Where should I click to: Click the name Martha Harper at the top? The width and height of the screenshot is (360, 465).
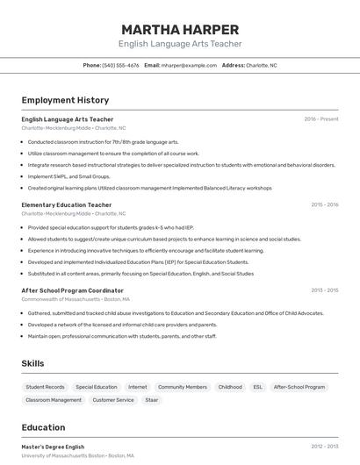pyautogui.click(x=180, y=28)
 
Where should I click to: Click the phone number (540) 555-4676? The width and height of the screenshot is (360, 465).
pyautogui.click(x=120, y=65)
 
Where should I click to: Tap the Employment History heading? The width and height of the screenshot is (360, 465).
pyautogui.click(x=65, y=100)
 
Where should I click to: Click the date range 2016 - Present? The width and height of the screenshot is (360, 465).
pyautogui.click(x=320, y=119)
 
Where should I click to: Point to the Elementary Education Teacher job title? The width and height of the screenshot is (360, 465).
pyautogui.click(x=66, y=204)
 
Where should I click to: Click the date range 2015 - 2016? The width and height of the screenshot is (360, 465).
pyautogui.click(x=324, y=204)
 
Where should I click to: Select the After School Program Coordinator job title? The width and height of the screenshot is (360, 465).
pyautogui.click(x=72, y=290)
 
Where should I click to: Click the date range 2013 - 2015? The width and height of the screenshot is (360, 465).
pyautogui.click(x=324, y=290)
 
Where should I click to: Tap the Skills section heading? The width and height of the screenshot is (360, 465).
pyautogui.click(x=32, y=363)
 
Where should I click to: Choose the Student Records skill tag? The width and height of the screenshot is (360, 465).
pyautogui.click(x=45, y=387)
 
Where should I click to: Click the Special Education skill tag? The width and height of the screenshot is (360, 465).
pyautogui.click(x=96, y=387)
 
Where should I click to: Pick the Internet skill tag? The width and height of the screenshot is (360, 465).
pyautogui.click(x=138, y=387)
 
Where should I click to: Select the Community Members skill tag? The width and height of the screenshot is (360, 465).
pyautogui.click(x=183, y=387)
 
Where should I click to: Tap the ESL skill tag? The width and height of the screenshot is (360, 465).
pyautogui.click(x=257, y=387)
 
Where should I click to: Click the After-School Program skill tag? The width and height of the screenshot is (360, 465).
pyautogui.click(x=299, y=387)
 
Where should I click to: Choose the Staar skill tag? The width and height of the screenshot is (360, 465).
pyautogui.click(x=152, y=400)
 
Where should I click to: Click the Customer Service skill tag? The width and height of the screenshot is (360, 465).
pyautogui.click(x=113, y=400)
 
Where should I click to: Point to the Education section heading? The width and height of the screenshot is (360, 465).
pyautogui.click(x=43, y=427)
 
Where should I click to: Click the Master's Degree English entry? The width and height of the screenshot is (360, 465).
pyautogui.click(x=53, y=447)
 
